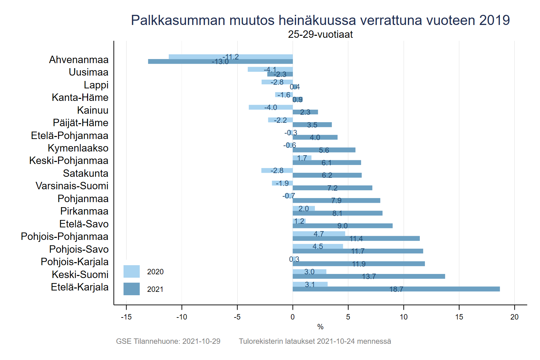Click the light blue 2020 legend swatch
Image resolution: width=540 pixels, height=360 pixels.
(x=131, y=272)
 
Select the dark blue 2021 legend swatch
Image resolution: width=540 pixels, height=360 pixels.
(x=131, y=289)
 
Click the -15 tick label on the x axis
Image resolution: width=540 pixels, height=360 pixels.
(x=126, y=317)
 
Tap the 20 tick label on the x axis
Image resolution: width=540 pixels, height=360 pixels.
(x=514, y=317)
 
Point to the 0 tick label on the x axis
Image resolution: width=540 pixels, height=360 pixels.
(x=293, y=317)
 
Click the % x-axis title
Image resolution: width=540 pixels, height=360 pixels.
(x=320, y=327)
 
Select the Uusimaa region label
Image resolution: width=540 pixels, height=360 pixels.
(x=88, y=72)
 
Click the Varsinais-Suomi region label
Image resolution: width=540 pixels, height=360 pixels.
(x=72, y=186)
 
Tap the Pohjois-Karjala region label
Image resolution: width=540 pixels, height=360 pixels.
(x=75, y=262)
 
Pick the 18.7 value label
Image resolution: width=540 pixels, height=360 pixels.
(x=396, y=289)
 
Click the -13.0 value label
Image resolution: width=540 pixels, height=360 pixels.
(x=220, y=62)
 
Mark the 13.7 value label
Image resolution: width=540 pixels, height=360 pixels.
(x=369, y=277)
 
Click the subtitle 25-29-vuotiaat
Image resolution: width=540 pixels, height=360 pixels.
(x=320, y=34)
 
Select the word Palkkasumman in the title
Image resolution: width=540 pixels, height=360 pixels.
(x=178, y=20)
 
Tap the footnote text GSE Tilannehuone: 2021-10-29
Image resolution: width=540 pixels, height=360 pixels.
(x=168, y=341)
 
